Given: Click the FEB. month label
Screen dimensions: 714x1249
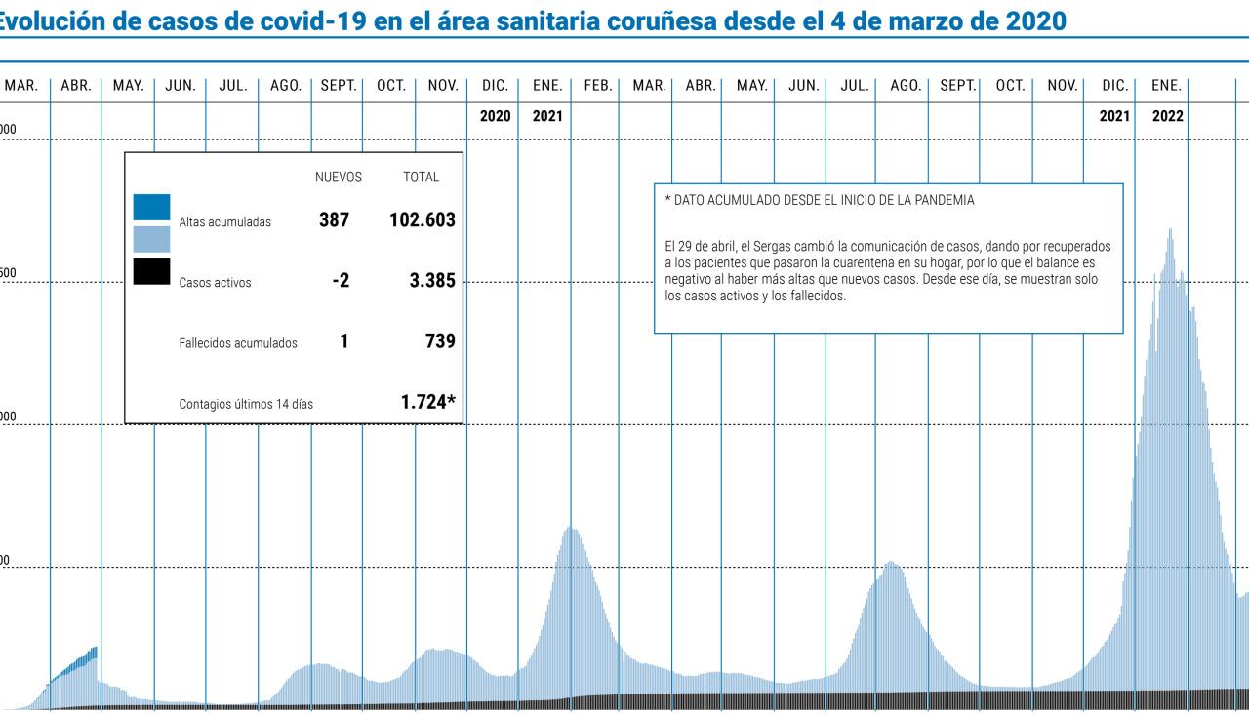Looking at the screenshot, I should [x=597, y=86].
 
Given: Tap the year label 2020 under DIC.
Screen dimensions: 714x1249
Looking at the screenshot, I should [x=496, y=116].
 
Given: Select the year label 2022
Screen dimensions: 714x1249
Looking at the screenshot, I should [x=1168, y=116].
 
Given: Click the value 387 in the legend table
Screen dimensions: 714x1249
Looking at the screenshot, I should [x=335, y=220].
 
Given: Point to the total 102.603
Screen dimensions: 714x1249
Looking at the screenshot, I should [x=422, y=220].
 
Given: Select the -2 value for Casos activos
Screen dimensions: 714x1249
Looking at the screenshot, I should [x=341, y=282].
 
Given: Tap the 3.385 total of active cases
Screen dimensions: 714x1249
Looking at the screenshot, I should [x=432, y=282].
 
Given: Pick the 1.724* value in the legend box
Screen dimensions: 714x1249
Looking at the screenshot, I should [x=428, y=401].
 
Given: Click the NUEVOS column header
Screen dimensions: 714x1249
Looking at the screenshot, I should [x=338, y=178].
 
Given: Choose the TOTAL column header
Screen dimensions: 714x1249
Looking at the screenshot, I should [x=421, y=178].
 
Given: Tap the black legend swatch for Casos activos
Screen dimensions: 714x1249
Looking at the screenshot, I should [x=151, y=271].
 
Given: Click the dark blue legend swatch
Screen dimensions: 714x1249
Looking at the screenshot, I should [x=151, y=207].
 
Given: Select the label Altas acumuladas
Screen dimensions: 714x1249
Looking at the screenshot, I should [x=224, y=222].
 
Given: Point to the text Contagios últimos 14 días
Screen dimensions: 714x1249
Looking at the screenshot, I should [x=246, y=403].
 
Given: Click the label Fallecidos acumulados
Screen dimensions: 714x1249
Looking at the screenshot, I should [x=238, y=343].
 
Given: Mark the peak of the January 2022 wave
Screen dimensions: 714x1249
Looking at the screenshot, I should [x=1170, y=232].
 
